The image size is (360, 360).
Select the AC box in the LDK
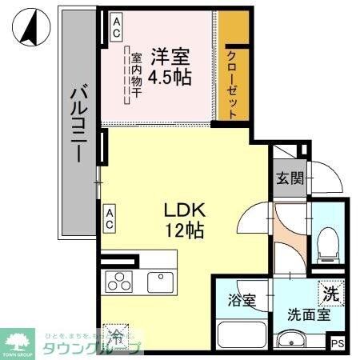pos(108,218)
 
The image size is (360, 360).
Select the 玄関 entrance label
pos(289,178)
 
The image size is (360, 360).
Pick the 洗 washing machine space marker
pos(330,293)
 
